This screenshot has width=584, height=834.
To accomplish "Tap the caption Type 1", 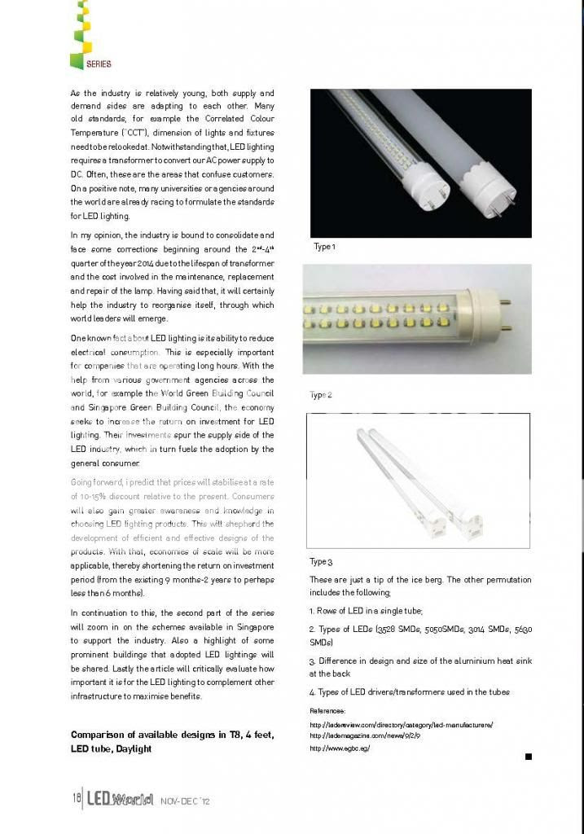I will (323, 247).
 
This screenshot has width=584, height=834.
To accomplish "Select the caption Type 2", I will (320, 395).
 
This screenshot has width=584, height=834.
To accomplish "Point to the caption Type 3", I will (321, 562).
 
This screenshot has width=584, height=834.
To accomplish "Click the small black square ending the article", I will (528, 757).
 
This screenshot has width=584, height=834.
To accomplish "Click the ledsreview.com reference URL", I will (402, 724).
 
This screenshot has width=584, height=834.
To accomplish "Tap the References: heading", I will (328, 711).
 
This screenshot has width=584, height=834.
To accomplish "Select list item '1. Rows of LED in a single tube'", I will (366, 610).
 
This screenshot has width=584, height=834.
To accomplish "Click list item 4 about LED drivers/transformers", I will (409, 692).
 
